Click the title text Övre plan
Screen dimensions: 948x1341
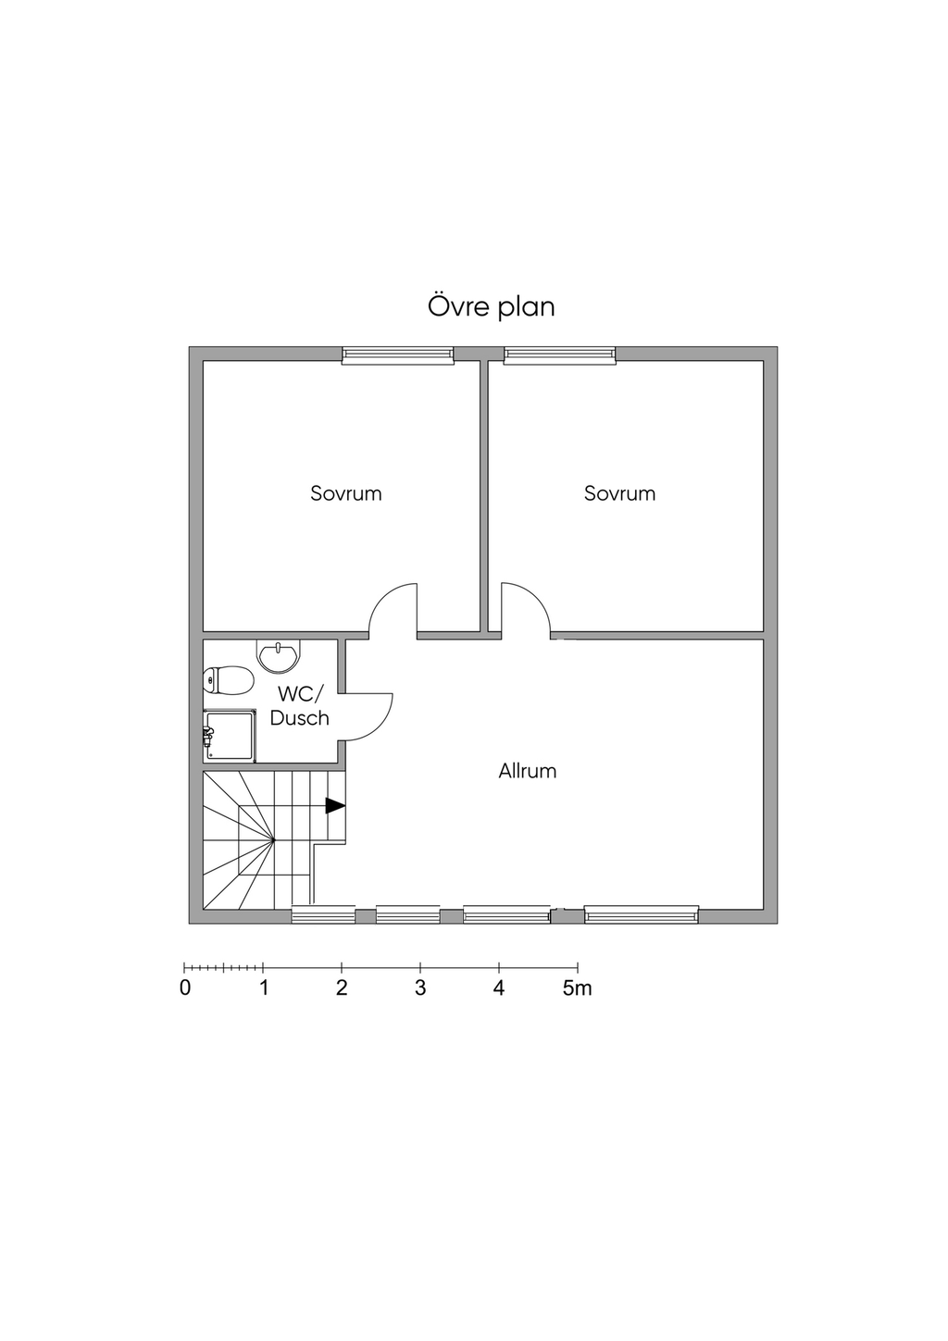click(x=491, y=307)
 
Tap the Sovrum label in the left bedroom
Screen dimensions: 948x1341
click(x=346, y=493)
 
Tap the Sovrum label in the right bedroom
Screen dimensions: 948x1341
click(x=620, y=493)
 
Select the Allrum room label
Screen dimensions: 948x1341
click(x=528, y=771)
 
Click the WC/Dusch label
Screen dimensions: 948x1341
click(x=299, y=706)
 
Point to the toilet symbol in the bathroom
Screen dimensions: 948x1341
click(x=228, y=680)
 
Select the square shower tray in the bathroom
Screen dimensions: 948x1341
click(x=230, y=737)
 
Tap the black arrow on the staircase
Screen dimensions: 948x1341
click(x=335, y=806)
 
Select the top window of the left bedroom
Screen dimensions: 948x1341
click(x=398, y=355)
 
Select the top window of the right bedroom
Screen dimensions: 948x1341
click(x=560, y=355)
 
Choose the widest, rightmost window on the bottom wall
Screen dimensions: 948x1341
click(x=642, y=914)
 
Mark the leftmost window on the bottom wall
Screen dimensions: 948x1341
click(x=323, y=914)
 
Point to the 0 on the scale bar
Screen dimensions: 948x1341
click(x=185, y=987)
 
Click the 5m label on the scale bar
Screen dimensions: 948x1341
click(x=578, y=987)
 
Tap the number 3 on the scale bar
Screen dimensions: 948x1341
click(x=420, y=987)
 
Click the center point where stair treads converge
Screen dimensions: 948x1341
click(x=274, y=840)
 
